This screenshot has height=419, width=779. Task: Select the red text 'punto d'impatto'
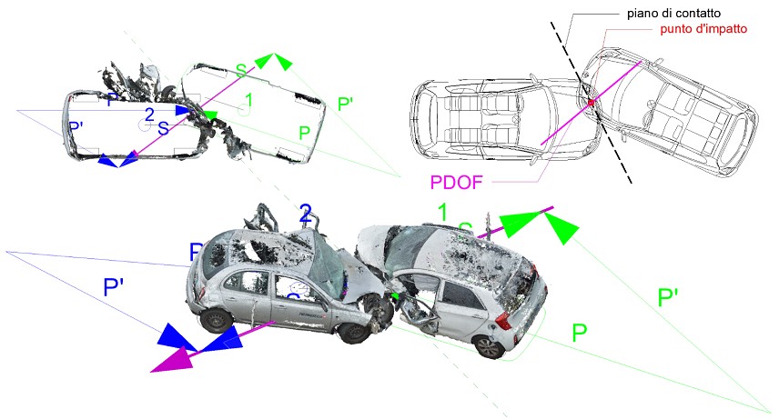tap(703, 29)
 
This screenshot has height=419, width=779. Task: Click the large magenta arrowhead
tap(172, 359)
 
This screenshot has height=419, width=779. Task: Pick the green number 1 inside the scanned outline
tap(248, 99)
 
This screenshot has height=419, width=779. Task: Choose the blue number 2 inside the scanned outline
tap(149, 115)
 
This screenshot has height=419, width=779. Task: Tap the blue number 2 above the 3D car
tap(306, 214)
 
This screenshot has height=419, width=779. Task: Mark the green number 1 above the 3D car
tap(443, 213)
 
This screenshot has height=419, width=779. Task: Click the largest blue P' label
tap(115, 289)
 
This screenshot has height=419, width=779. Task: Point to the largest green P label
tap(579, 333)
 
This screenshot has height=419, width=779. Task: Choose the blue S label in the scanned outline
tap(163, 128)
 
